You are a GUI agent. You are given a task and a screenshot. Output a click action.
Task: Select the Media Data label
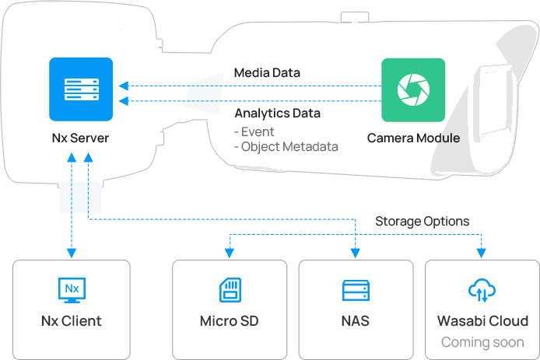coord(267,73)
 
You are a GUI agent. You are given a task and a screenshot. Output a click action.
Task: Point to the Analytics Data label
coord(277,113)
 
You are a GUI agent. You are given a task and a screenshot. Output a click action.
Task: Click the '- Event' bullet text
coord(254,131)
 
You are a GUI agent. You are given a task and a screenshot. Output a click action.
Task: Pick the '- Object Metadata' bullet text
coord(286,146)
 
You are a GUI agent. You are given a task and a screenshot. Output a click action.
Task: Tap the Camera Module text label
coord(413,138)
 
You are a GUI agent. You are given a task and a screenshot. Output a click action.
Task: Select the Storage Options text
coord(422,222)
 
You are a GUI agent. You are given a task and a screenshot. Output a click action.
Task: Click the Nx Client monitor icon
coord(72,290)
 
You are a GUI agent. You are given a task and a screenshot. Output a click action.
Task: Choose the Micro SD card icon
coord(229,290)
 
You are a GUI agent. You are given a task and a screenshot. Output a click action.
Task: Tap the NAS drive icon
coord(355,290)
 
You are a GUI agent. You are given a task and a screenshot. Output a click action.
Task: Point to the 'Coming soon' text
coord(482,342)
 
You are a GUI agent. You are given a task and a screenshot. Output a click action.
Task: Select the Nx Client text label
coord(72,320)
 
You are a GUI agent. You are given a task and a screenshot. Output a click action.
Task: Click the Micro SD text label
coord(229,320)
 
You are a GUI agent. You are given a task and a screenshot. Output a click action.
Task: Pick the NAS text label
coord(355,320)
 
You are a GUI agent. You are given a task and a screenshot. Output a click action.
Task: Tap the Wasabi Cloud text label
coord(482,320)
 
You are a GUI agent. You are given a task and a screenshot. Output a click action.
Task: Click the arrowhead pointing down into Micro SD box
coord(229,253)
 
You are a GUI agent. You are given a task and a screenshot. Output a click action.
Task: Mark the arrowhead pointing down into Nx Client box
coord(72,253)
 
